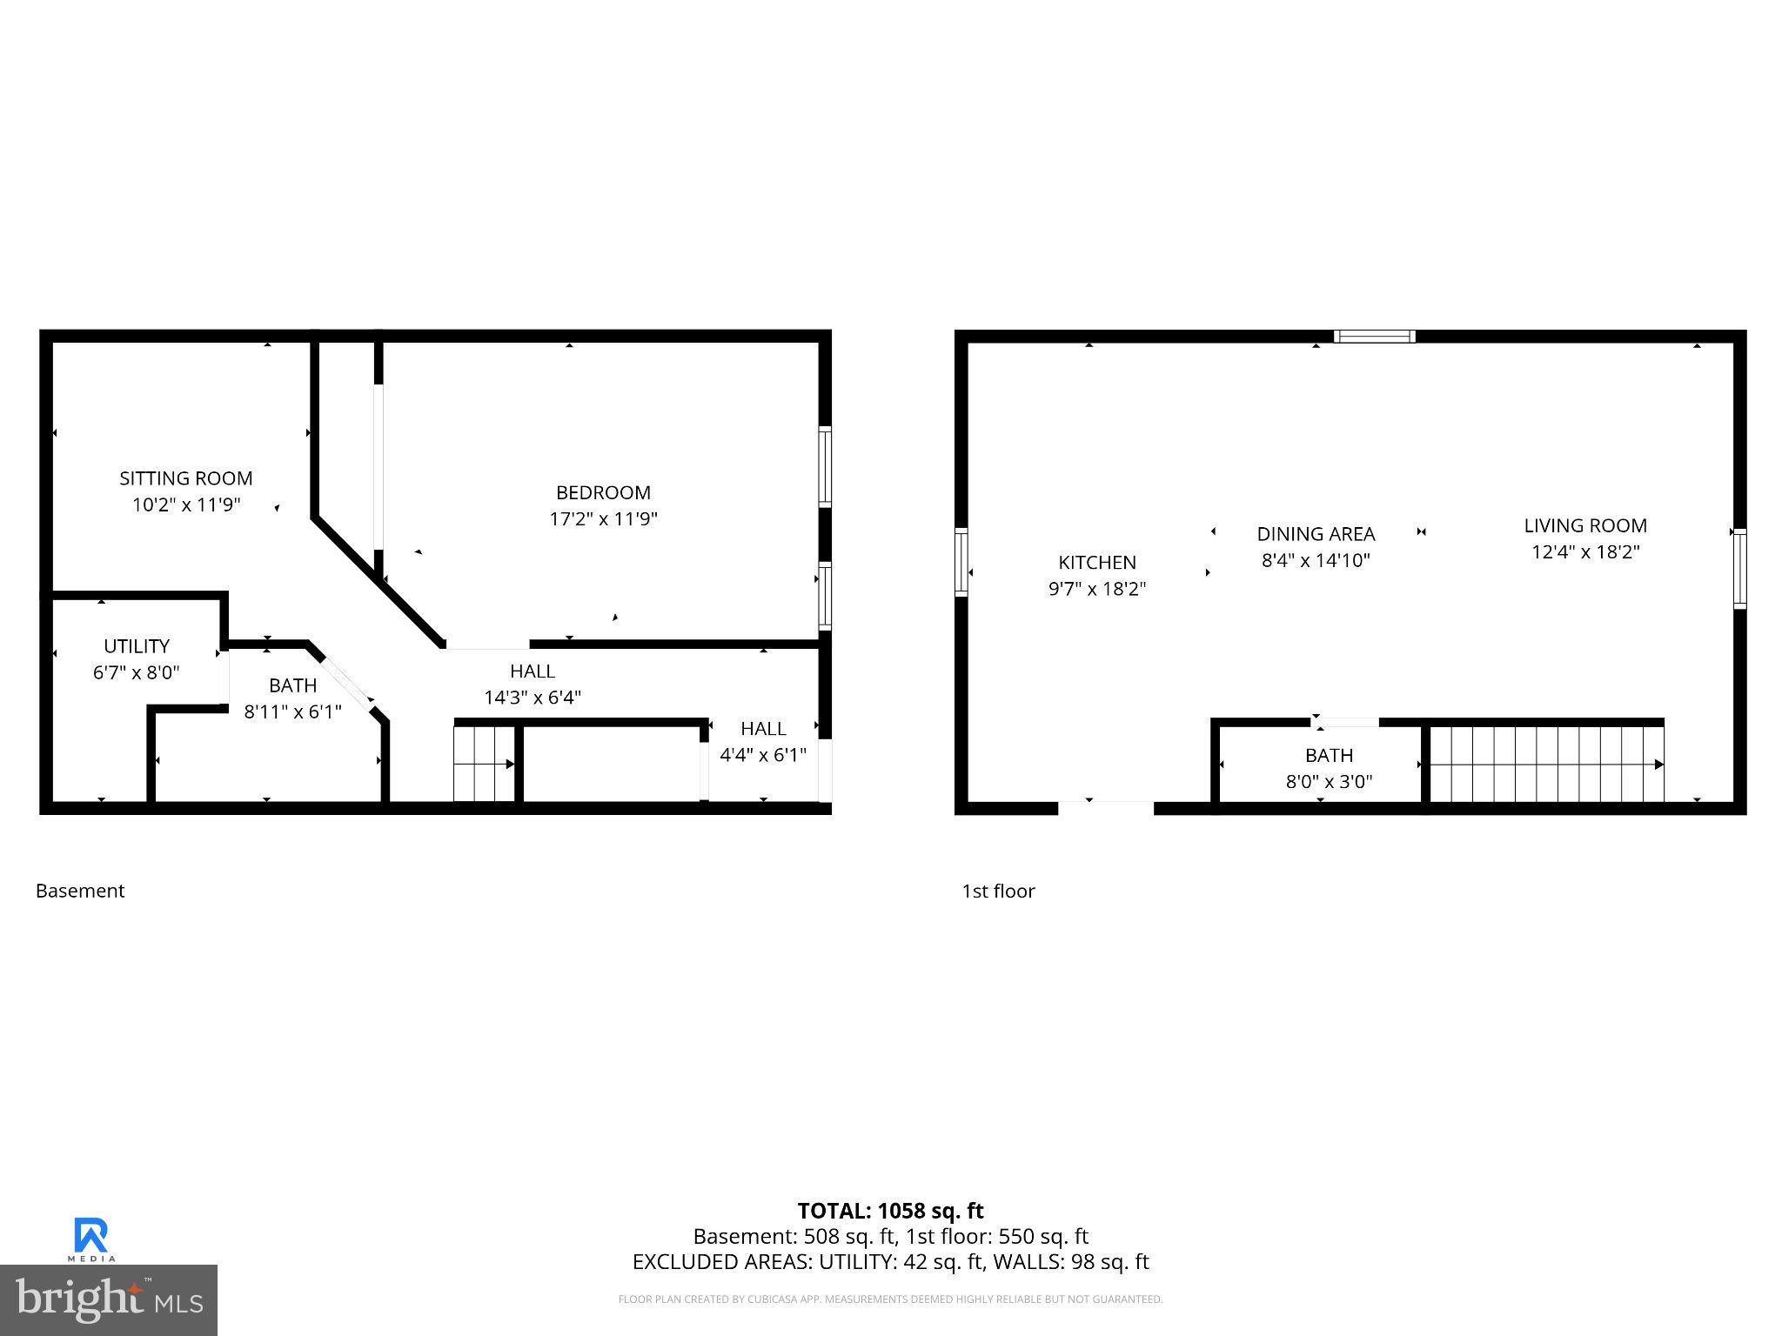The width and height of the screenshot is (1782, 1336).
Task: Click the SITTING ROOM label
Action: pos(185,478)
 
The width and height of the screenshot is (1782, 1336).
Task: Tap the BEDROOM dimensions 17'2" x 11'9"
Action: pos(603,519)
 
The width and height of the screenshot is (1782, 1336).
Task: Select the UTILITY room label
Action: pos(137,646)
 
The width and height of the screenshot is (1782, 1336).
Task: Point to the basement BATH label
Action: pos(292,685)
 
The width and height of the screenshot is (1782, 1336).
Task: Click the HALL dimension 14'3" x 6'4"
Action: pos(533,698)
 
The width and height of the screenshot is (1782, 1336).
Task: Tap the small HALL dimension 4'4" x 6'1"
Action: pos(763,755)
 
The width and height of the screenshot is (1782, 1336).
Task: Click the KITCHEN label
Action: pos(1096,563)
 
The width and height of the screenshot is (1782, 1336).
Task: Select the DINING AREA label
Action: pos(1316,534)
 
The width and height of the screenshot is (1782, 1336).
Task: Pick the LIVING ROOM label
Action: pos(1584,525)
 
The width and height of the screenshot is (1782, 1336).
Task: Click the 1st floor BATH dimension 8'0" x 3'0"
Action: pos(1329,781)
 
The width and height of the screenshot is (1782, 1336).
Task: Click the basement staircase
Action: pos(484,764)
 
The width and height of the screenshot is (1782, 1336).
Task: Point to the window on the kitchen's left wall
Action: pos(961,561)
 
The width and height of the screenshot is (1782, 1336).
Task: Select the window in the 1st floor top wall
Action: pos(1374,337)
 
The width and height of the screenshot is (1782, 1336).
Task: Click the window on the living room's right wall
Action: pos(1739,567)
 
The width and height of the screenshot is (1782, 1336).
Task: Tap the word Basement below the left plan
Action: pos(80,891)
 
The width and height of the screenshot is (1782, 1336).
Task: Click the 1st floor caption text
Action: pos(998,891)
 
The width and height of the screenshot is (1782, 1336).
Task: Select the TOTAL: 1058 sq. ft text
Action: pos(890,1211)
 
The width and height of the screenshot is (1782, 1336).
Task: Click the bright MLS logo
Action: pos(109,1299)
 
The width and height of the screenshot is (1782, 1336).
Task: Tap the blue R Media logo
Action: pos(91,1239)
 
